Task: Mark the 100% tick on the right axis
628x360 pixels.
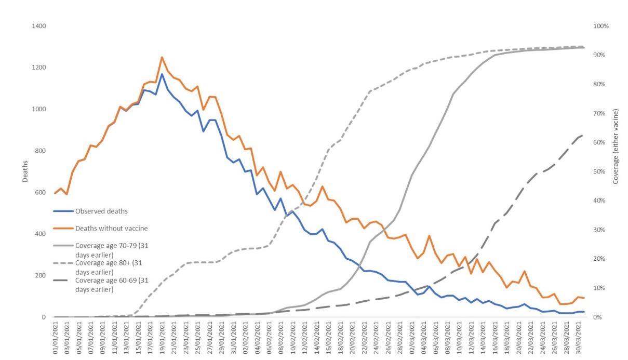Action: tap(602, 26)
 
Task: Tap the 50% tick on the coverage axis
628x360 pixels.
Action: tap(600, 171)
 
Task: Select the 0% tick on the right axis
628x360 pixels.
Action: tap(599, 317)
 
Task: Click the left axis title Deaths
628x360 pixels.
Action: tap(25, 171)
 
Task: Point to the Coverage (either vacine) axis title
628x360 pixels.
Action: tap(616, 146)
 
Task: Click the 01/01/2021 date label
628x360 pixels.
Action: tap(56, 339)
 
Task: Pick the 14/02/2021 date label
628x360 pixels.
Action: tap(316, 339)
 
